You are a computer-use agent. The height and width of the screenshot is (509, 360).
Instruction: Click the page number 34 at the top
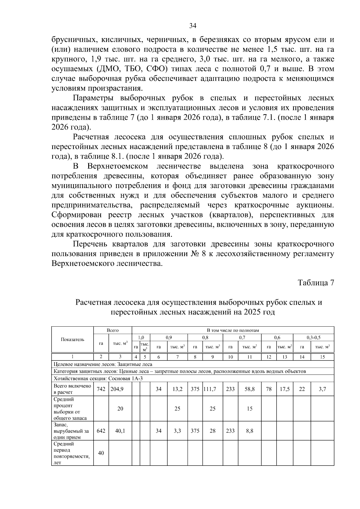193,26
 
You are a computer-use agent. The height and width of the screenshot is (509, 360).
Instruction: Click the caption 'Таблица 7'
316,283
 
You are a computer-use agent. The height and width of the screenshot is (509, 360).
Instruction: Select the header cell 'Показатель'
73,340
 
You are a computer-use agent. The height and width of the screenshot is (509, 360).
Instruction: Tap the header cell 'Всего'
113,330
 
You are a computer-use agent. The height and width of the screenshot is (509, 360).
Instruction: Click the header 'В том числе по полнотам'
233,330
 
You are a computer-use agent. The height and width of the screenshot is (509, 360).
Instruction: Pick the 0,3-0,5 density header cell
313,337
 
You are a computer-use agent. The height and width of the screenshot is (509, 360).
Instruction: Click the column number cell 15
322,357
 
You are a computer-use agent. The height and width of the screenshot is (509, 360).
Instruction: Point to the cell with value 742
101,389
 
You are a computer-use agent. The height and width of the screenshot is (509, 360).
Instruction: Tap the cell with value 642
101,431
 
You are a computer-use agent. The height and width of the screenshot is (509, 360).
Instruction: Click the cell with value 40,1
120,431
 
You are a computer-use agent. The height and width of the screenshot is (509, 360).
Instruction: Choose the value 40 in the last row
101,453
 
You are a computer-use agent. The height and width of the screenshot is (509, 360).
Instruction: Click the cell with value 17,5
284,389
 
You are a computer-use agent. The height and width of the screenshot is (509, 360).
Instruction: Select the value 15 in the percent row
250,409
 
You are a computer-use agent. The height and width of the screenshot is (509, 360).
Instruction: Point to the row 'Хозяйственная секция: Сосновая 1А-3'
98,378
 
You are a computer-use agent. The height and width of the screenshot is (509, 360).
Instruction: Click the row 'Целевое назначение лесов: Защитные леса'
103,364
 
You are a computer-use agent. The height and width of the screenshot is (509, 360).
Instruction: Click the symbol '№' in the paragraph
194,254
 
